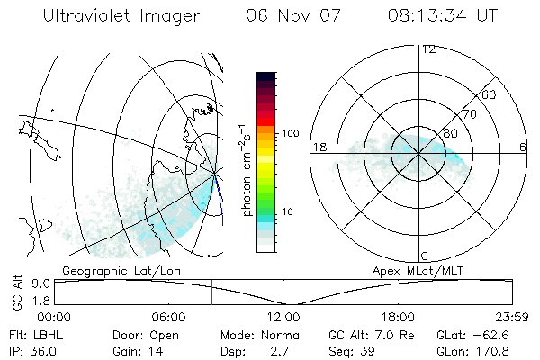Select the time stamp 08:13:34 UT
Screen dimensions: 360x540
click(443, 16)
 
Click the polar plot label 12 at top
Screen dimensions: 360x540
click(428, 49)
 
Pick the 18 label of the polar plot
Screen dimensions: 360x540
click(318, 147)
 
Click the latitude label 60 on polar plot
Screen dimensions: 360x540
click(490, 94)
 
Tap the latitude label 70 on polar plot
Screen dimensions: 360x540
click(468, 114)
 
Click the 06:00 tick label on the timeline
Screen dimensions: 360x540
click(168, 317)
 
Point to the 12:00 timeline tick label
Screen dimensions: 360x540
click(283, 317)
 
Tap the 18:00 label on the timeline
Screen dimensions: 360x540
click(398, 317)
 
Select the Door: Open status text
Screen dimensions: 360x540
click(140, 334)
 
